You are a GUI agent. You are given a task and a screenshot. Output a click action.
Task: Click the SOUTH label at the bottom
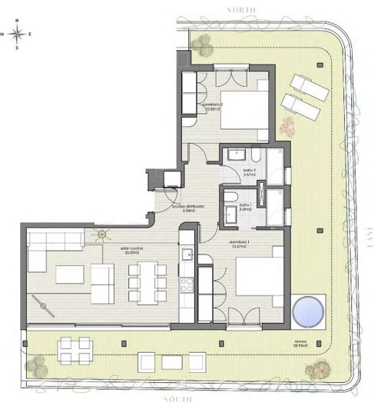click(181, 401)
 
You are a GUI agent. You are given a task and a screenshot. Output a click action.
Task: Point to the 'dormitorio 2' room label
click(212, 106)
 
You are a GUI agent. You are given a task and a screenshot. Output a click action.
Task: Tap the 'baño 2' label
click(247, 173)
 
